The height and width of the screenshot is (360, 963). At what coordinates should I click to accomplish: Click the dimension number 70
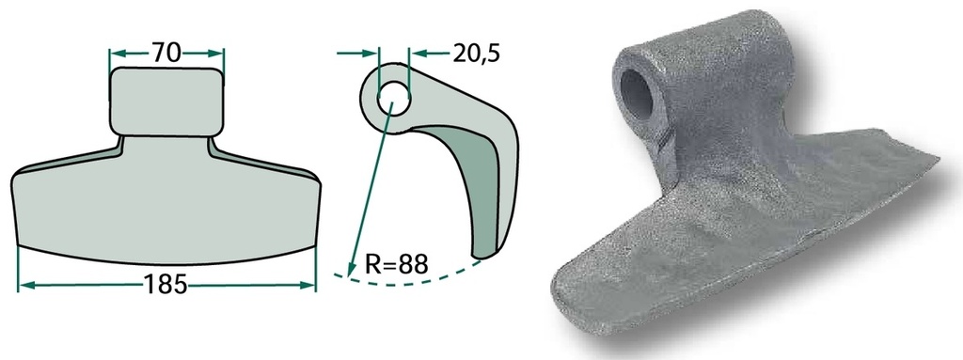(166, 53)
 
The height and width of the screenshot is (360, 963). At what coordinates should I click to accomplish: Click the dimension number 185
(165, 285)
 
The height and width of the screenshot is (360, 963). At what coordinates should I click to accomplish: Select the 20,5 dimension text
(477, 54)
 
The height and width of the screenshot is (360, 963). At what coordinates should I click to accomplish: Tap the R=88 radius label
(396, 264)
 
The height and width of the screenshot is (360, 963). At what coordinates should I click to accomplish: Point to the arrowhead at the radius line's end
(351, 269)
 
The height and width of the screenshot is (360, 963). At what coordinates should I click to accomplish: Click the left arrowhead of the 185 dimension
(25, 285)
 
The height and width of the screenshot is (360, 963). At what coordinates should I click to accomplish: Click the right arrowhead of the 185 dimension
(308, 285)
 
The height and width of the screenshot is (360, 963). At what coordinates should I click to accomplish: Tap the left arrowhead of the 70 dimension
(118, 54)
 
